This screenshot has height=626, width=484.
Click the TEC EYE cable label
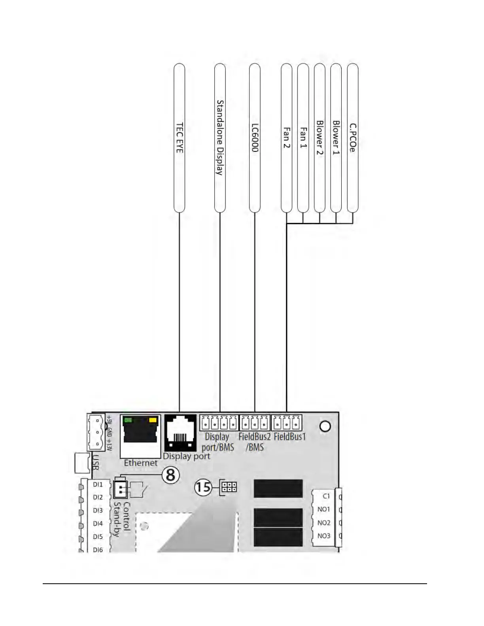180,138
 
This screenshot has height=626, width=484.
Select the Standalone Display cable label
220,138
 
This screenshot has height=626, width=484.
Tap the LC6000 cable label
255,138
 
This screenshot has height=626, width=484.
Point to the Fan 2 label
287,138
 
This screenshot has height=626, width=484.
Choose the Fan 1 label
303,138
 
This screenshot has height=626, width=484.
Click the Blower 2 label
320,138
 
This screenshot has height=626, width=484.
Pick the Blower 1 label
336,138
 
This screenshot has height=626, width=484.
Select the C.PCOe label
353,138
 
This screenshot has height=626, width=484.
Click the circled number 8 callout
170,475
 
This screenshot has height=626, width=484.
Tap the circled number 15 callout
203,487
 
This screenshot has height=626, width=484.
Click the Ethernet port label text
140,463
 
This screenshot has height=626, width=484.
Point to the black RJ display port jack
180,432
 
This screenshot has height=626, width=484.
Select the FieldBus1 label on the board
290,437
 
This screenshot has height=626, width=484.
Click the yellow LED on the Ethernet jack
152,420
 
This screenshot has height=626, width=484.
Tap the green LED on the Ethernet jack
128,420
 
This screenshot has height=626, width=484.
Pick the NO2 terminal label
323,523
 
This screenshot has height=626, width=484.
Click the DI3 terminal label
98,511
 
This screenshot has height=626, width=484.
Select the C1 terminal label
326,496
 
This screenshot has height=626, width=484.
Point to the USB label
95,462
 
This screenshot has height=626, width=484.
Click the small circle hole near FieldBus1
325,426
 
